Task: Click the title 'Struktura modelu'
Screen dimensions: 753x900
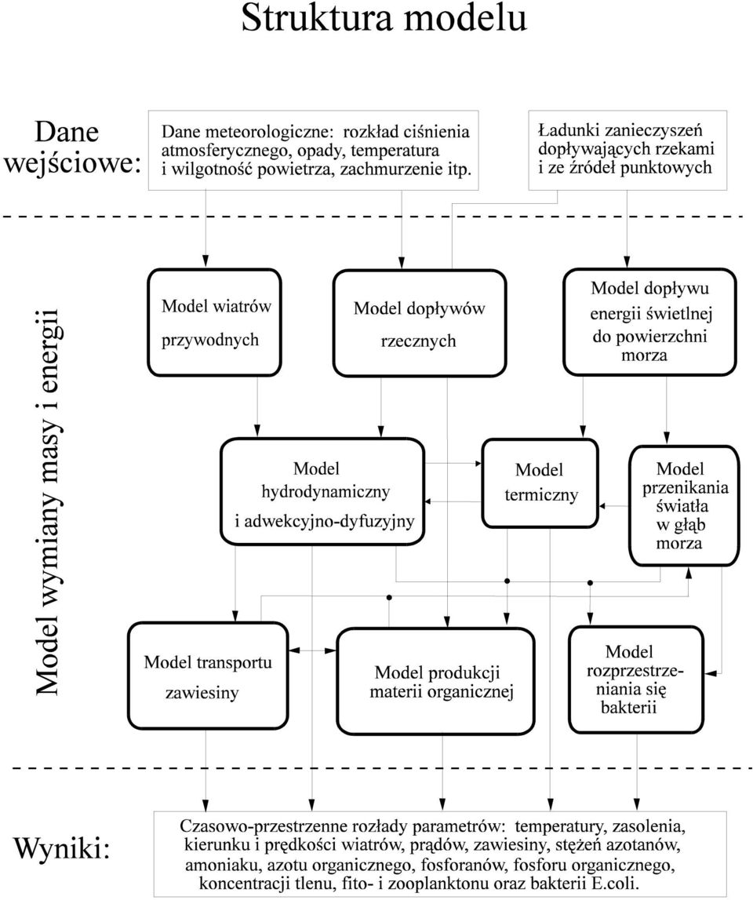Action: point(384,18)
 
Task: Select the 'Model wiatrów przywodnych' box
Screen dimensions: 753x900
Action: point(215,322)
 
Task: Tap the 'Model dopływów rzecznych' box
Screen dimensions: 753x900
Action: point(420,324)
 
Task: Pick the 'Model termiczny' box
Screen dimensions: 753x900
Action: point(540,483)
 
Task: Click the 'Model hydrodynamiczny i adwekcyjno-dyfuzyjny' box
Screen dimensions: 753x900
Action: point(322,492)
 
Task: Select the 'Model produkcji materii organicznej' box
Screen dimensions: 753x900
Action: point(435,681)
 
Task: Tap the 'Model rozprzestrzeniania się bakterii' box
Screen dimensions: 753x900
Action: point(636,680)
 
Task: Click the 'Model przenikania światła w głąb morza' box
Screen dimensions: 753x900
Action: point(683,505)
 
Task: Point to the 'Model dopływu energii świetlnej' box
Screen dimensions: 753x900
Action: point(650,322)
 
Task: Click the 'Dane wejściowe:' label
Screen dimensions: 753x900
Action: point(71,148)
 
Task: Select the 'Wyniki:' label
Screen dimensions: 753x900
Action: point(61,847)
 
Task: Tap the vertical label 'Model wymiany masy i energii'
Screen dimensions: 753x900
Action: point(47,503)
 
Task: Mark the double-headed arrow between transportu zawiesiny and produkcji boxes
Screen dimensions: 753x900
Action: point(313,650)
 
